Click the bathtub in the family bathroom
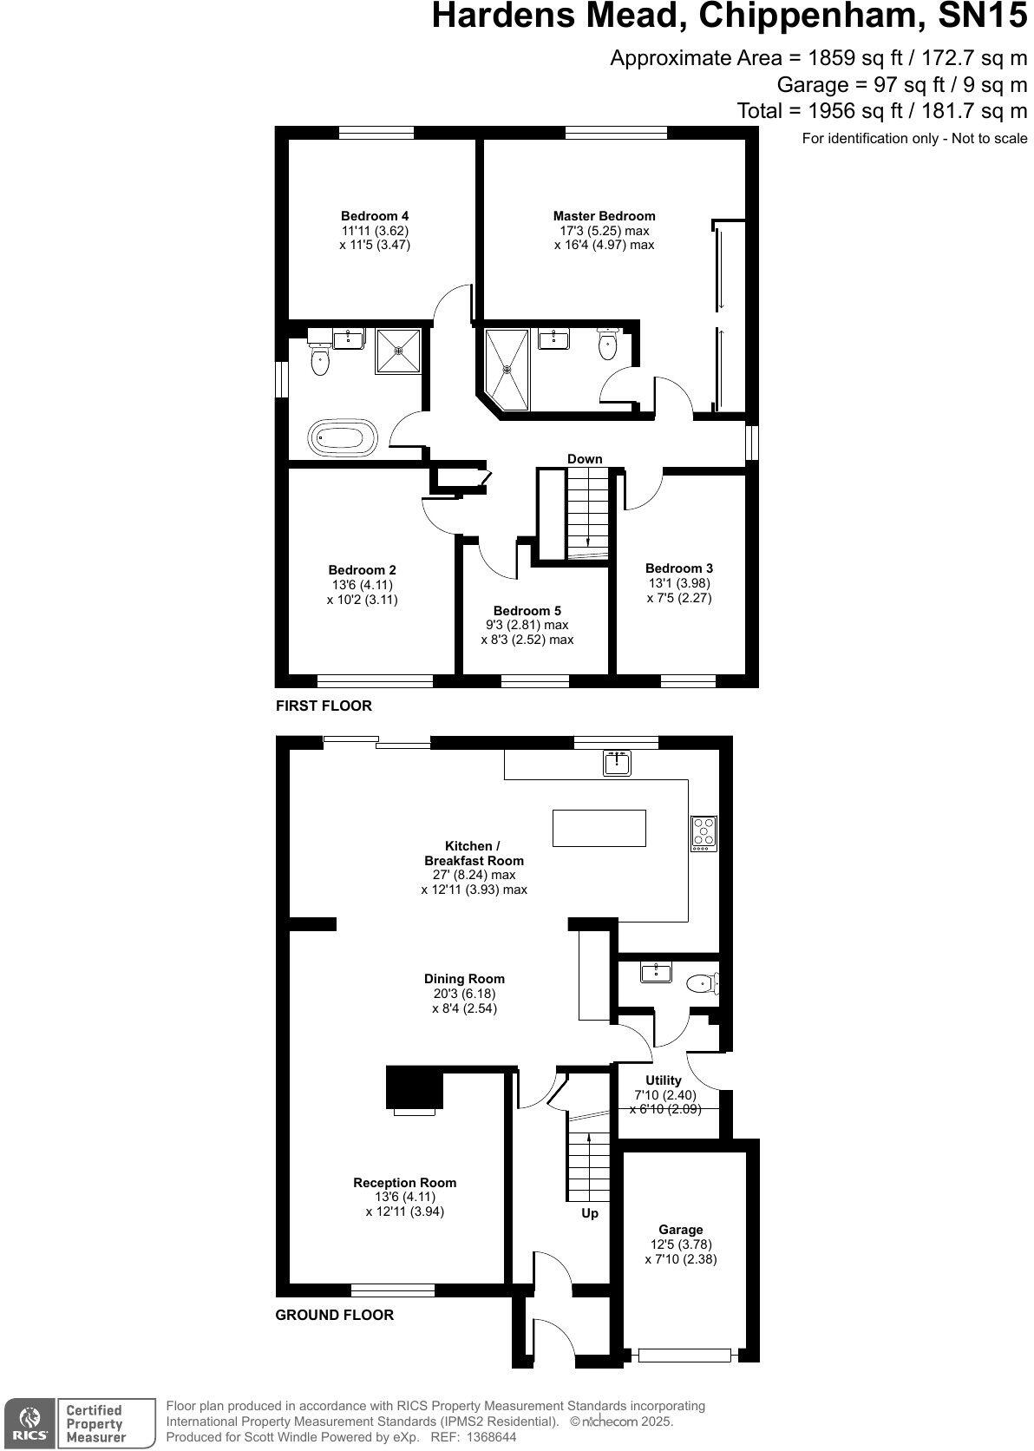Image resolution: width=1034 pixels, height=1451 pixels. [x=344, y=438]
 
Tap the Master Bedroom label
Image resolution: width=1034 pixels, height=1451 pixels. [x=604, y=216]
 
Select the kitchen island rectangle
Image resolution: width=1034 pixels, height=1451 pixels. [x=599, y=827]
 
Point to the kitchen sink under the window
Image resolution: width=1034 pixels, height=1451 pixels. [x=618, y=763]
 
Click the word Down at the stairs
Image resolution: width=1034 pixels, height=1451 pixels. [x=585, y=459]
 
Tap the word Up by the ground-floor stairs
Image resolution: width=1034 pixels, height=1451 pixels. [x=589, y=1213]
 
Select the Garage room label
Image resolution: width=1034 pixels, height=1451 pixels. [x=680, y=1230]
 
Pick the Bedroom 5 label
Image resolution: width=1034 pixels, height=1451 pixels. [x=527, y=611]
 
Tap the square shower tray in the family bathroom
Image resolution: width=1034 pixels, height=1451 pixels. [x=398, y=351]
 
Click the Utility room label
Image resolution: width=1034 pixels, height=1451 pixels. [x=663, y=1080]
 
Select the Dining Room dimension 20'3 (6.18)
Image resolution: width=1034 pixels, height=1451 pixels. [x=464, y=994]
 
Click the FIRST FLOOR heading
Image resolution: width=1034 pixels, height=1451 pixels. [x=324, y=706]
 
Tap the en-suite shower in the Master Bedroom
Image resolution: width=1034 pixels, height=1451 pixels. [x=507, y=368]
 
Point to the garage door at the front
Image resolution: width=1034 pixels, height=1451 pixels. [x=685, y=1354]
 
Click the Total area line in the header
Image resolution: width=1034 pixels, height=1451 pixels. [x=881, y=111]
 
